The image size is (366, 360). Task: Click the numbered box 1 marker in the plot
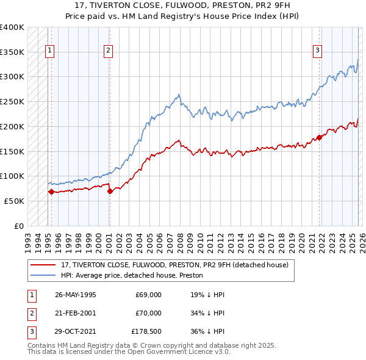tap(49, 51)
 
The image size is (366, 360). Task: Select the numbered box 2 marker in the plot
tap(107, 51)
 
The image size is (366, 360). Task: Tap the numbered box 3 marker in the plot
tap(317, 51)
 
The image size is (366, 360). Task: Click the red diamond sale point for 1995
tap(51, 192)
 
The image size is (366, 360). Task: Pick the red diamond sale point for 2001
tap(110, 191)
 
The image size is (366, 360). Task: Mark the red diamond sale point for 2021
tap(319, 137)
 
